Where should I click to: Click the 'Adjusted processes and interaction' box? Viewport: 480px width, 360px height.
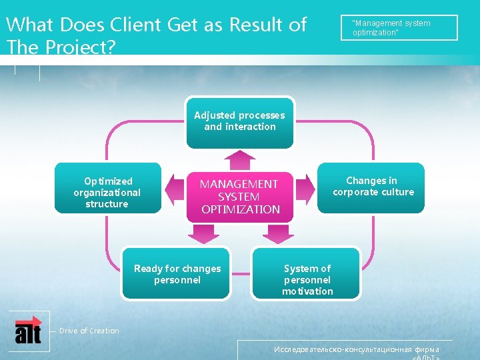click(239, 122)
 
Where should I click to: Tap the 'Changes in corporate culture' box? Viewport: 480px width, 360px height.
click(371, 188)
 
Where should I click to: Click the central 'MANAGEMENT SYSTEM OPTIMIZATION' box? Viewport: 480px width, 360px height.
click(239, 196)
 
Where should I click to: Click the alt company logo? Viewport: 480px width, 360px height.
click(28, 329)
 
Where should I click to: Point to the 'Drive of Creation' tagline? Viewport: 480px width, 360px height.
click(89, 331)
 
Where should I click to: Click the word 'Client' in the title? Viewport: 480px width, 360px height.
click(135, 25)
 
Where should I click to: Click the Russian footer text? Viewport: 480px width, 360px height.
click(357, 351)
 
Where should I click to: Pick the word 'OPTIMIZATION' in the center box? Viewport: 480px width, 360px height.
click(241, 209)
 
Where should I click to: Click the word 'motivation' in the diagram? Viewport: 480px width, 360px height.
click(307, 291)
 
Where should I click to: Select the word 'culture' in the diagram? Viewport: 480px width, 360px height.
click(397, 192)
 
